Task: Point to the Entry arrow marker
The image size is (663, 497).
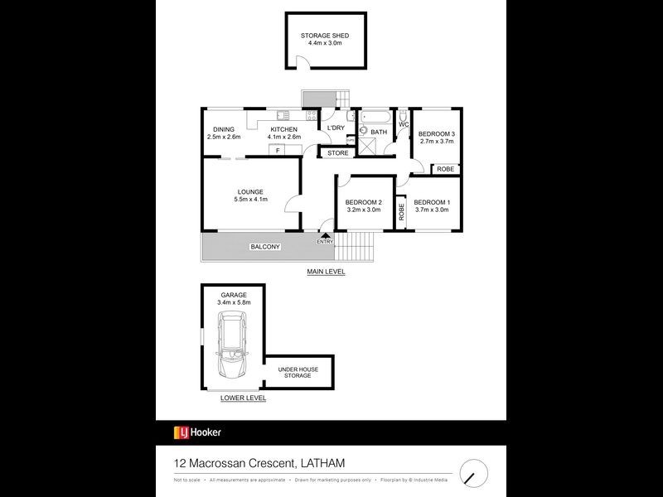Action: pyautogui.click(x=325, y=234)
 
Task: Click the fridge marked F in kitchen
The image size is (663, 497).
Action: pyautogui.click(x=278, y=150)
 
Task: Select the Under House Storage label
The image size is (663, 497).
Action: pyautogui.click(x=294, y=373)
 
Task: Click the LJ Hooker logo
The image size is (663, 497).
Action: pyautogui.click(x=197, y=432)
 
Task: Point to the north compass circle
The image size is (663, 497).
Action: pyautogui.click(x=474, y=473)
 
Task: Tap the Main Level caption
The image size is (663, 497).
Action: pyautogui.click(x=326, y=272)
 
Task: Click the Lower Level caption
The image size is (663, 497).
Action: pyautogui.click(x=243, y=398)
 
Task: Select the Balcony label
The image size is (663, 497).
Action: pyautogui.click(x=265, y=247)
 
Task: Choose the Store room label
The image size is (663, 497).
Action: pyautogui.click(x=336, y=153)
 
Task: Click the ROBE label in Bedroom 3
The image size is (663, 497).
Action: pyautogui.click(x=446, y=169)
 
